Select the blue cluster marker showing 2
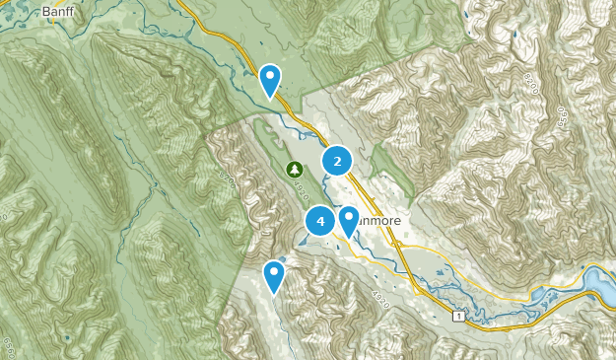[x=337, y=161]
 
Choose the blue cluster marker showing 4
[x=320, y=222]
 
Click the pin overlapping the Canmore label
[x=348, y=222]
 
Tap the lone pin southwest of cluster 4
[x=274, y=276]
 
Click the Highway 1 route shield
[x=458, y=316]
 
